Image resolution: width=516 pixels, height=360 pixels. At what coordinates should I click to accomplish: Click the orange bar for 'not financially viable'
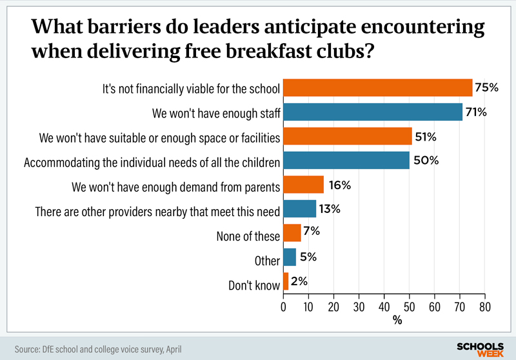[x=378, y=87]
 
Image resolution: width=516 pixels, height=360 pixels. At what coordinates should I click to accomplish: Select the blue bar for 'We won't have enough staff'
[x=373, y=112]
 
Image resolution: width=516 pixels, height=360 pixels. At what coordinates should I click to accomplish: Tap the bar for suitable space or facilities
[x=348, y=136]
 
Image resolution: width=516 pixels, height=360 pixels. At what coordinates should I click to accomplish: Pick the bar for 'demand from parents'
[x=303, y=185]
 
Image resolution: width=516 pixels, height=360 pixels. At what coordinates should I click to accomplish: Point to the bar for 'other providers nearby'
[x=300, y=209]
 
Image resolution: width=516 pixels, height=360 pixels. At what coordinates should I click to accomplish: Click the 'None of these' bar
[x=292, y=233]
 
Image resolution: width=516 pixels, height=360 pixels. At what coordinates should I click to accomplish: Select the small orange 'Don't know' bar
[x=286, y=282]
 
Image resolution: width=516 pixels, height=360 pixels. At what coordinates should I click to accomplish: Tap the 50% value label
[x=426, y=161]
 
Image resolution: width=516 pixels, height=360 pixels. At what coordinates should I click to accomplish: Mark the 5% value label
[x=309, y=257]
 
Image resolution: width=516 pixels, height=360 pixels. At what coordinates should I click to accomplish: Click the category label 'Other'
[x=267, y=261]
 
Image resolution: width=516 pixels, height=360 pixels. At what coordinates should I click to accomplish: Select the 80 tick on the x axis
[x=484, y=307]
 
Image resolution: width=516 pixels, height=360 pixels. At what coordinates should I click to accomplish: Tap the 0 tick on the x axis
[x=284, y=307]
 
